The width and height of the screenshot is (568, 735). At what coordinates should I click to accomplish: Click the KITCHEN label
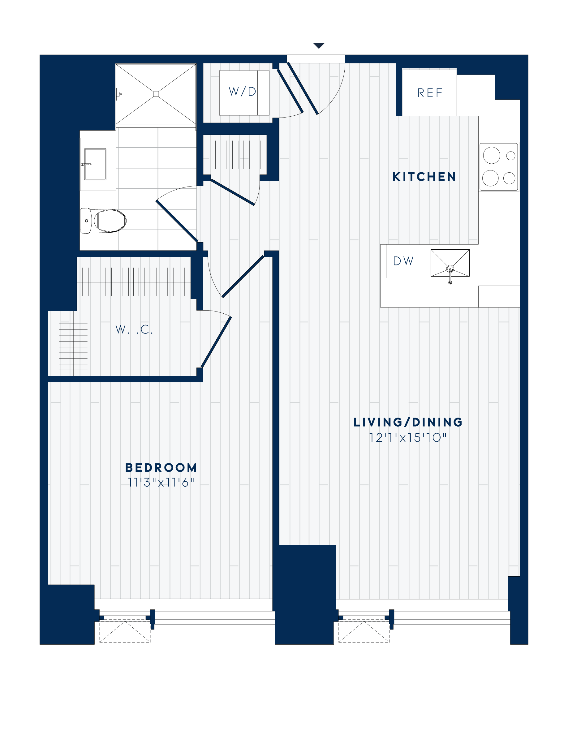coord(424,177)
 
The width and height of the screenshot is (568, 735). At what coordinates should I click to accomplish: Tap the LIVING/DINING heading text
coord(408,422)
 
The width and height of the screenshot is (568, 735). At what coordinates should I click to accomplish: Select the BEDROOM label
coord(161,467)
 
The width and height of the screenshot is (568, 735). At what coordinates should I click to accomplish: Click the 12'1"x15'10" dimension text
coord(408,438)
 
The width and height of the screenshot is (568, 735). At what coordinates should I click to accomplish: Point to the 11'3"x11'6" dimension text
coord(161,483)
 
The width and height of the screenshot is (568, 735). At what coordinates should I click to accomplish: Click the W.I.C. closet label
coord(134,329)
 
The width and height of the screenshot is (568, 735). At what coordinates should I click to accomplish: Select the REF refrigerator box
coord(429,92)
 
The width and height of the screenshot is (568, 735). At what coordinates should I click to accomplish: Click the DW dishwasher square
coord(403,261)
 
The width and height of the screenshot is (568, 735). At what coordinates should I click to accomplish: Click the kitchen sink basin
coord(450,263)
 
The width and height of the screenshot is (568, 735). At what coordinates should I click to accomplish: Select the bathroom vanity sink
coord(95,164)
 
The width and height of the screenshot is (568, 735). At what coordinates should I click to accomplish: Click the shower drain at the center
coord(156,94)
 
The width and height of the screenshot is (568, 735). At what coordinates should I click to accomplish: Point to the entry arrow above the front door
coord(319,45)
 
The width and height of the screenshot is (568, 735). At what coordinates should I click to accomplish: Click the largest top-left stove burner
coord(491,156)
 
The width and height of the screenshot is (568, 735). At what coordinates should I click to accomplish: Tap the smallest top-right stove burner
coord(511,156)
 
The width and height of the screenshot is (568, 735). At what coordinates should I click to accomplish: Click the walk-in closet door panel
coord(216,342)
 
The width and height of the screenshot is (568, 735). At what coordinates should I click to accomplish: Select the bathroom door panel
coord(177,221)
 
